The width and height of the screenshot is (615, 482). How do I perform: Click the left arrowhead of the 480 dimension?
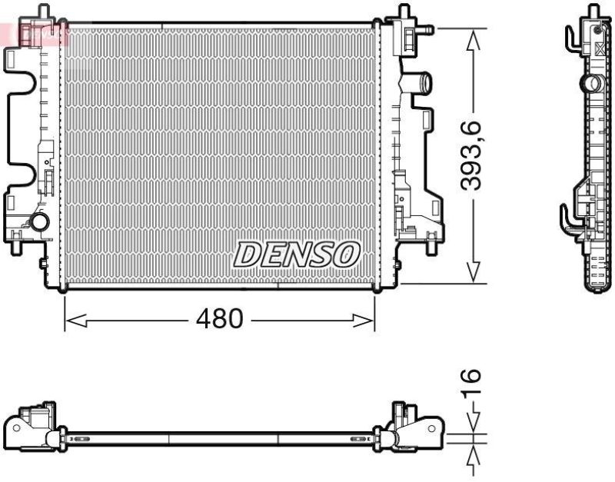73,319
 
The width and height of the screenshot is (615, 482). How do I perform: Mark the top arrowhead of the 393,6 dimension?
475,38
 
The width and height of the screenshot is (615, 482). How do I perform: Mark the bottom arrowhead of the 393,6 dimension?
475,272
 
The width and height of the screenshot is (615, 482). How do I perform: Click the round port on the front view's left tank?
36,224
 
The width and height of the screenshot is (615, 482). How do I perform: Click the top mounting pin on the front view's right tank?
401,11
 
